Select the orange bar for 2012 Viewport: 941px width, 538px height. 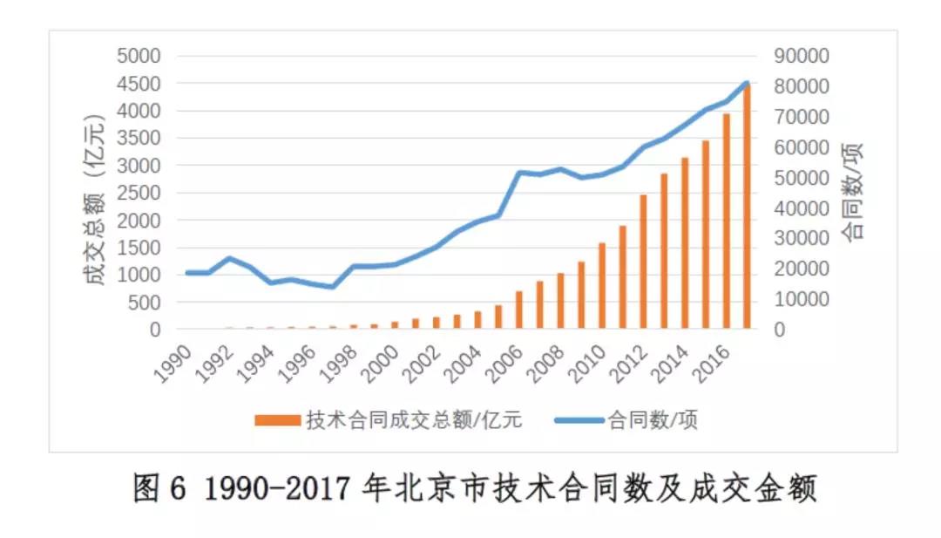pyautogui.click(x=643, y=262)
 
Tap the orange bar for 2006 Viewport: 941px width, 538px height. pyautogui.click(x=519, y=310)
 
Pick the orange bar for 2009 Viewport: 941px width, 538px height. pyautogui.click(x=581, y=296)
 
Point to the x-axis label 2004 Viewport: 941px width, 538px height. pyautogui.click(x=465, y=360)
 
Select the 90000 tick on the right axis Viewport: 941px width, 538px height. pyautogui.click(x=799, y=57)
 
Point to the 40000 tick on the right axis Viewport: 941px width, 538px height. pyautogui.click(x=799, y=208)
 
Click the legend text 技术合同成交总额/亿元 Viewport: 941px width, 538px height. pyautogui.click(x=414, y=420)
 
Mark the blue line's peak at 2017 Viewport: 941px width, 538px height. pyautogui.click(x=747, y=84)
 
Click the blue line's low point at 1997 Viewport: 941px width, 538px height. pyautogui.click(x=331, y=287)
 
